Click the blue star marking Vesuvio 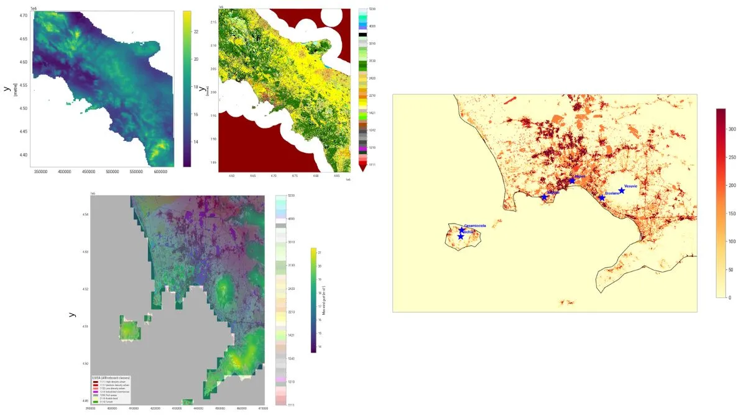tap(622, 191)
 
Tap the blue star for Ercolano tap(602, 197)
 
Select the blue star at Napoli tap(572, 181)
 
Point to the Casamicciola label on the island tap(476, 225)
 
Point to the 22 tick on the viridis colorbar tap(195, 31)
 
